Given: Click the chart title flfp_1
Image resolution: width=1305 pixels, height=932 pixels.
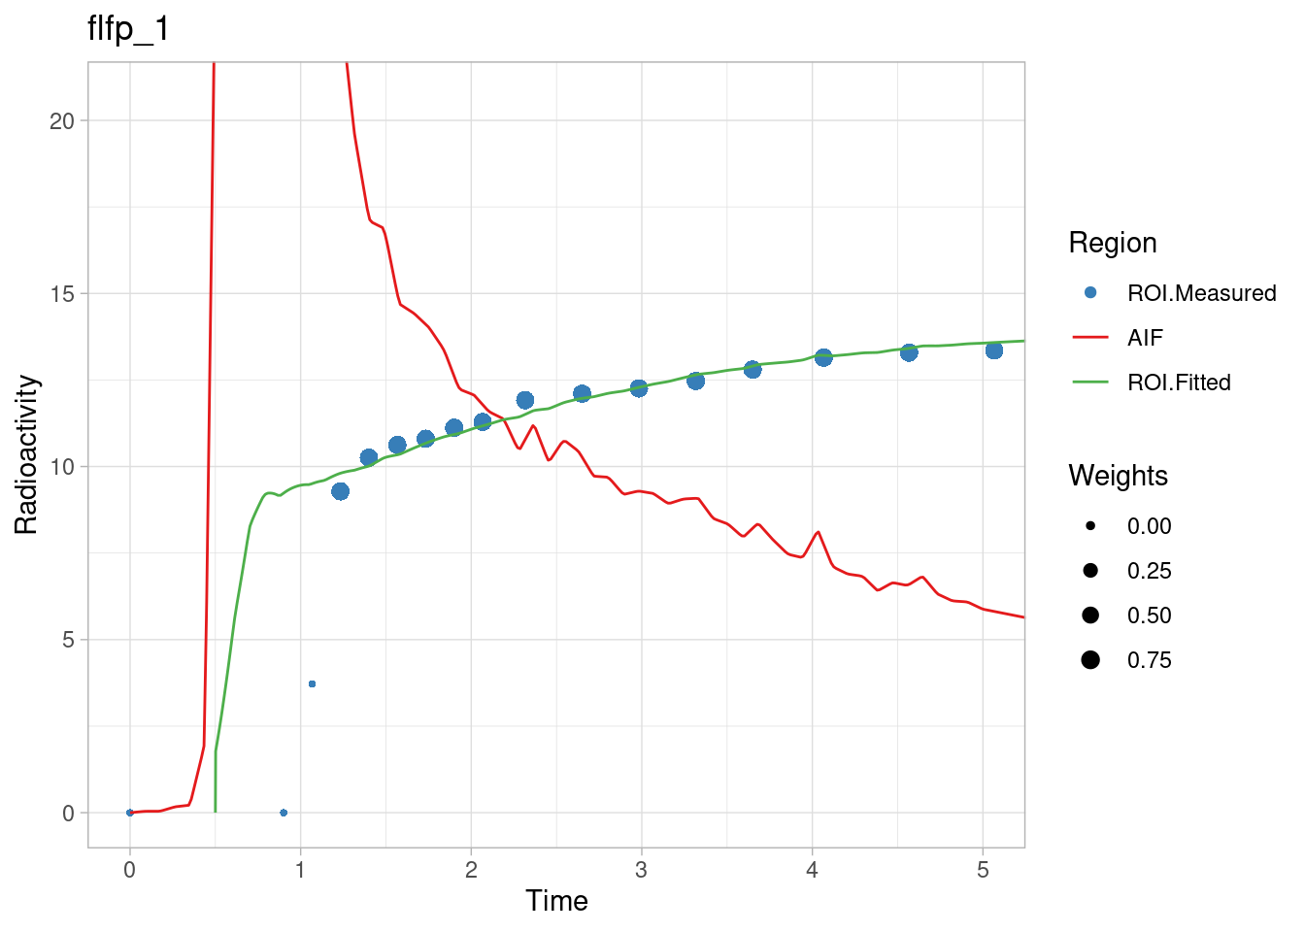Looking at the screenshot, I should pos(128,29).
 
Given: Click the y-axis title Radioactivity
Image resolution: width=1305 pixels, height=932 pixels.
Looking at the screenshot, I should pos(26,454).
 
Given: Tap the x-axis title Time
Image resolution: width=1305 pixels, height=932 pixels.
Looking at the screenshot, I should pos(556,901).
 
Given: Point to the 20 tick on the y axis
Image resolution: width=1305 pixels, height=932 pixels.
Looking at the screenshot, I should pos(62,121).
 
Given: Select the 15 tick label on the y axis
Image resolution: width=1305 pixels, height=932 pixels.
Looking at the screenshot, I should pos(62,294).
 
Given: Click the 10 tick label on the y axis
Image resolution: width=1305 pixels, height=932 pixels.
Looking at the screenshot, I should pos(62,467).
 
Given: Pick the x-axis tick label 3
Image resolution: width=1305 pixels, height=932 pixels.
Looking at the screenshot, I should pos(641,870).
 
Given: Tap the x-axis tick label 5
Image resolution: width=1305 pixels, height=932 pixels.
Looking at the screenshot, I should pos(983,870).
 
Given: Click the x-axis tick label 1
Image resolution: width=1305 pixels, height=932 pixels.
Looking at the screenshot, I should pos(300,870).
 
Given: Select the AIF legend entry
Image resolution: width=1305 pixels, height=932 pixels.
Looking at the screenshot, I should pos(1145,338).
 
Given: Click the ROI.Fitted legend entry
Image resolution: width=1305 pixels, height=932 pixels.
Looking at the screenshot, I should pos(1179,383).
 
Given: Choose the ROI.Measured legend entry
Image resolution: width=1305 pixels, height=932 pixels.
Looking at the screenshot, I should pos(1201,293).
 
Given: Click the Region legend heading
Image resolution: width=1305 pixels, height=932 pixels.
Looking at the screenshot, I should pos(1112,243).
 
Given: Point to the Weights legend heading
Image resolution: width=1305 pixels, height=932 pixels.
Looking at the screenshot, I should pos(1118,476).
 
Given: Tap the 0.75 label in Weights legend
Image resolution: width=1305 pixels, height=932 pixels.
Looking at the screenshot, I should pos(1149,660).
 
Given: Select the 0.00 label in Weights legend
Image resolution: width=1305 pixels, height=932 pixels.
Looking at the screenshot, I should pos(1149,526).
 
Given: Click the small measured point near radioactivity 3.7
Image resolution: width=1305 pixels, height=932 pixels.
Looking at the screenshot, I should pos(312,684).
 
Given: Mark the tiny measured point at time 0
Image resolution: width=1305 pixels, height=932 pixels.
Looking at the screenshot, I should pos(130,813).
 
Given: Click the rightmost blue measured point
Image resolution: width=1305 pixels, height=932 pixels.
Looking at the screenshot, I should pos(993,350).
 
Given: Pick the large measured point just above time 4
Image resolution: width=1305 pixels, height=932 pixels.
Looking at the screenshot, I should pos(823,358).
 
